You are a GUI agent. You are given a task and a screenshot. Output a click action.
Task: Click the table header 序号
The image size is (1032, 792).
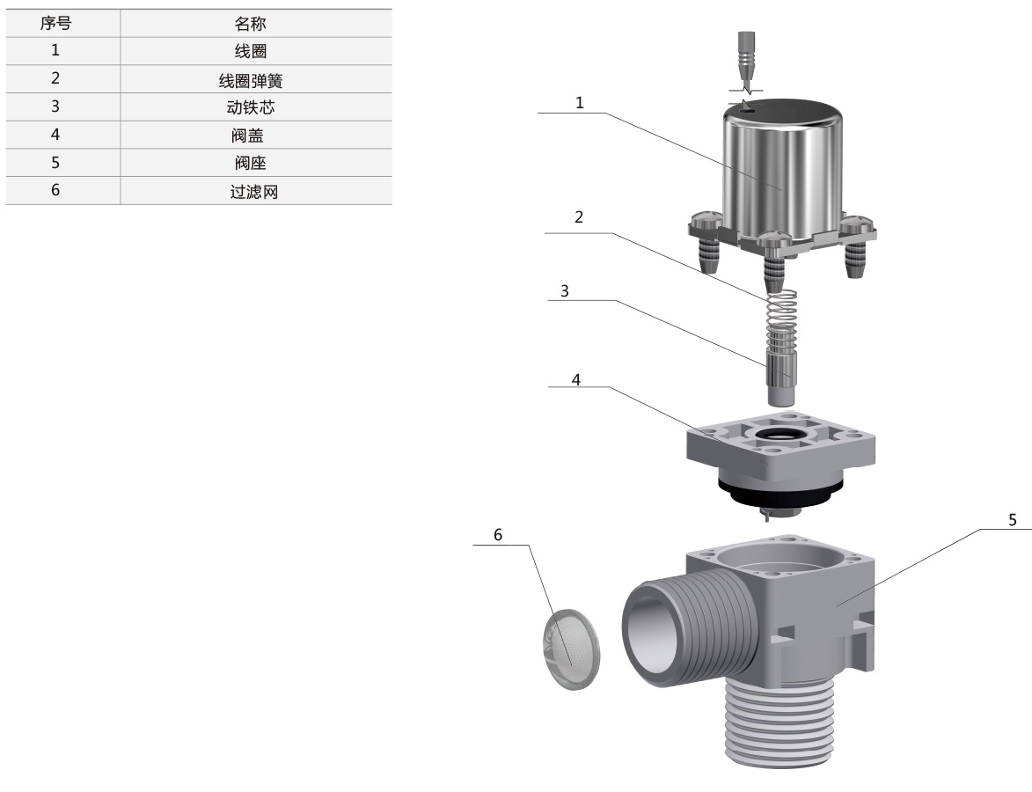point(55,24)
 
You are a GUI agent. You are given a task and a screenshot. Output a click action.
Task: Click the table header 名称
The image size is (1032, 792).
point(250,25)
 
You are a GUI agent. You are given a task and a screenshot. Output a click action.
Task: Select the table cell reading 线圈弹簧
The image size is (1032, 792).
point(251,81)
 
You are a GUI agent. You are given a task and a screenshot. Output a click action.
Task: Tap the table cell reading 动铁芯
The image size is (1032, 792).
point(251,107)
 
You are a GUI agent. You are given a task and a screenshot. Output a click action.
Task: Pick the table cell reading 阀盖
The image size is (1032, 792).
point(247,136)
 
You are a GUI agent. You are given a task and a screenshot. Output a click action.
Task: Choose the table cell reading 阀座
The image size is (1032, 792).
point(250,164)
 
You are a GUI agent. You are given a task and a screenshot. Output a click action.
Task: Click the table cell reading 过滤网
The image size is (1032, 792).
point(254,192)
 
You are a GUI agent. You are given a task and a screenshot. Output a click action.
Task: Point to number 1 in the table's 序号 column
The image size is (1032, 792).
point(55,50)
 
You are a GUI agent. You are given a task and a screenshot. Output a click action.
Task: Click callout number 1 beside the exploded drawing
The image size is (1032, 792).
point(579,103)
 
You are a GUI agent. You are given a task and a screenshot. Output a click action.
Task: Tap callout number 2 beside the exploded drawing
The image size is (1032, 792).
point(579,217)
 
